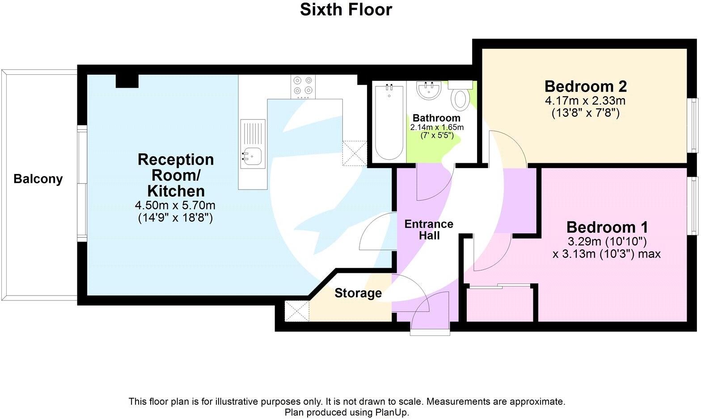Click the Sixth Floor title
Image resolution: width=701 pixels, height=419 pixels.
click(x=346, y=9)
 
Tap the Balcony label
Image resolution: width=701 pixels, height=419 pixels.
click(x=38, y=179)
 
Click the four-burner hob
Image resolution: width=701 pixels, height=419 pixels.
click(x=303, y=87)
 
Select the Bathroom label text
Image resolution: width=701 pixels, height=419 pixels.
click(x=436, y=118)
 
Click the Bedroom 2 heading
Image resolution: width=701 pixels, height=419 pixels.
click(x=585, y=86)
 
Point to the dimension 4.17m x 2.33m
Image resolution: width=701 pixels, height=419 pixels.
click(x=585, y=101)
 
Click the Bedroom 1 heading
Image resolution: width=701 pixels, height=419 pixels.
click(x=607, y=227)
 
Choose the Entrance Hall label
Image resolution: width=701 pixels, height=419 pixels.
click(x=429, y=229)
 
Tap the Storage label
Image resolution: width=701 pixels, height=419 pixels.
click(x=358, y=293)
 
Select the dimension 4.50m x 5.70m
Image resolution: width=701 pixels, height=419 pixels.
click(x=175, y=206)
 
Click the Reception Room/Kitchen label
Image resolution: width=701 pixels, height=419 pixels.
click(x=176, y=175)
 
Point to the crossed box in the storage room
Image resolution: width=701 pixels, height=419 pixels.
click(x=297, y=311)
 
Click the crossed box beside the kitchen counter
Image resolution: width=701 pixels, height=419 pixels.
click(x=355, y=153)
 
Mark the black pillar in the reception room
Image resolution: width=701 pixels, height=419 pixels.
click(x=127, y=81)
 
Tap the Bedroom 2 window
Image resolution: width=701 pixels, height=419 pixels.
click(x=693, y=125)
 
